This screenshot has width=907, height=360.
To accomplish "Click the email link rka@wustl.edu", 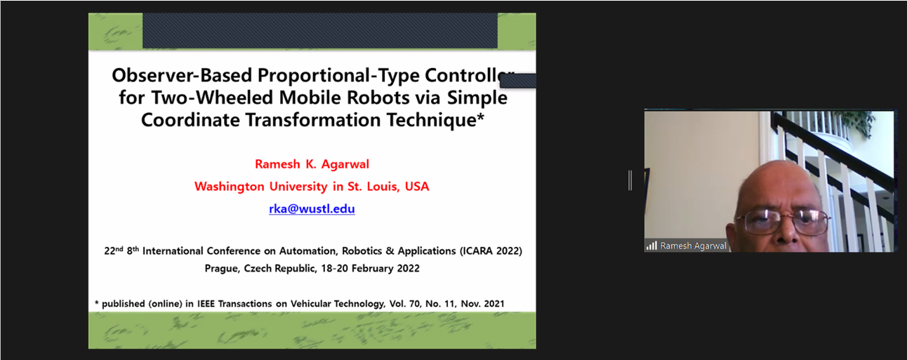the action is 312,208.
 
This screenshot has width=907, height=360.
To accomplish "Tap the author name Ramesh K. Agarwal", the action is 312,164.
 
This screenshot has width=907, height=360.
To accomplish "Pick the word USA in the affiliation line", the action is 417,186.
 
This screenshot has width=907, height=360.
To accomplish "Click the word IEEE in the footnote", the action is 206,304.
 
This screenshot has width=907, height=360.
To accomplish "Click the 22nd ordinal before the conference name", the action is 114,251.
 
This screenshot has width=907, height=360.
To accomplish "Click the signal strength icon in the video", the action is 651,246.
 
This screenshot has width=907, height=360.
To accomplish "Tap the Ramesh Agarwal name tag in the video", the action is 693,246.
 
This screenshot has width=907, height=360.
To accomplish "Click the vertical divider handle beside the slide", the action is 630,180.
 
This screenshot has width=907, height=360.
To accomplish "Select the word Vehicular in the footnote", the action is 310,304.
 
